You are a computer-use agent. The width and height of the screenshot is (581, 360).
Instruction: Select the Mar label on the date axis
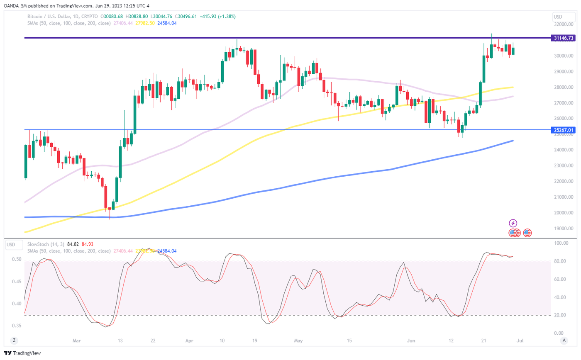coord(76,341)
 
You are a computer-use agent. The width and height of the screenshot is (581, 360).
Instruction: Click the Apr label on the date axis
coord(189,341)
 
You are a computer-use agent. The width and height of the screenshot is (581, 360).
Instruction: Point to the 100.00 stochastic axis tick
coord(561,243)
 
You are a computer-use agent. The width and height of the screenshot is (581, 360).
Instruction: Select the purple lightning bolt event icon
coord(513,223)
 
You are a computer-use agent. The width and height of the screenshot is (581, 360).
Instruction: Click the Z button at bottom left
coord(14,341)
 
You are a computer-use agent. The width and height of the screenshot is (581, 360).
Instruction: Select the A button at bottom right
coord(564,341)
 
